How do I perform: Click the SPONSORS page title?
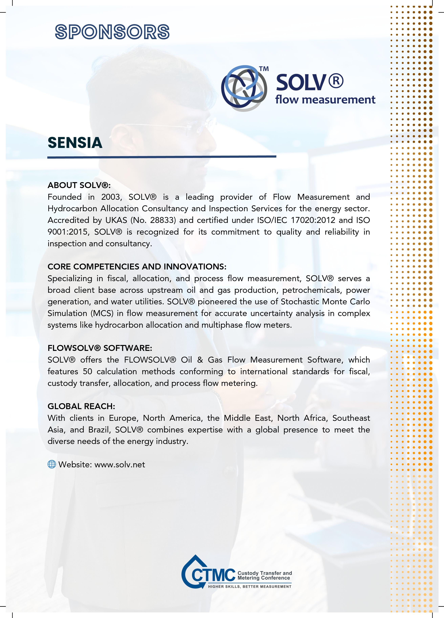tap(112, 32)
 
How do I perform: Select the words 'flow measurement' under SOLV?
tap(325, 100)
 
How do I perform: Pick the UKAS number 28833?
tap(163, 220)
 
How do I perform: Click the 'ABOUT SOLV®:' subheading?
tap(79, 185)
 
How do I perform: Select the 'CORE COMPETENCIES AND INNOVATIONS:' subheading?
tap(137, 266)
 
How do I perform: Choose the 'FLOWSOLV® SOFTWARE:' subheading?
tap(100, 348)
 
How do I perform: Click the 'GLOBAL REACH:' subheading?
tap(81, 406)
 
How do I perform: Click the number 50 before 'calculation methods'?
tap(88, 372)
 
